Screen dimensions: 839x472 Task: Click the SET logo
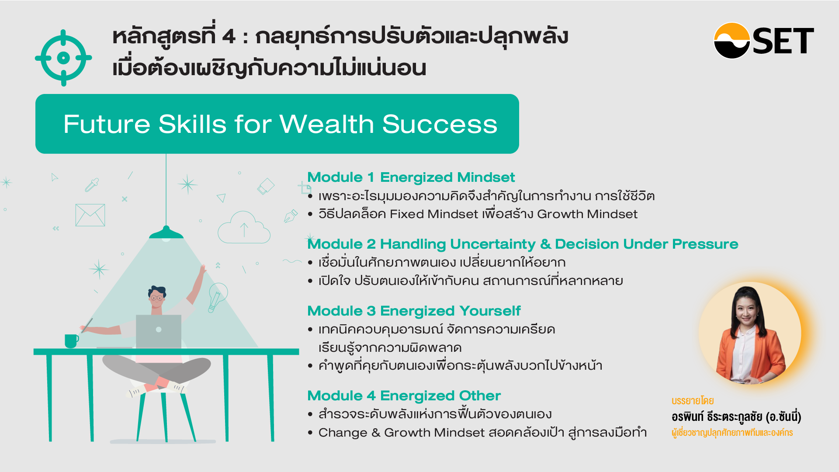tap(763, 41)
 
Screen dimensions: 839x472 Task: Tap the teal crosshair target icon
tap(63, 58)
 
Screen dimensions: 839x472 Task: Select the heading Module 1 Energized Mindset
tap(411, 177)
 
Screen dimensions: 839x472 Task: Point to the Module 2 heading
tap(523, 244)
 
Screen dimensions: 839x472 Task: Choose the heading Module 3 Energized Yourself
tap(414, 311)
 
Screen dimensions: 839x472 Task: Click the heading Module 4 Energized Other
tap(404, 396)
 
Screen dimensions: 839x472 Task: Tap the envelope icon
tap(90, 215)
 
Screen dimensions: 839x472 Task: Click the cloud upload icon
tap(244, 227)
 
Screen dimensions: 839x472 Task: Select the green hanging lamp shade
tap(166, 233)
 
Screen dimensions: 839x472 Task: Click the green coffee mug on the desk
tap(71, 341)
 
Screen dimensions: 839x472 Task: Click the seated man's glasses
tap(157, 298)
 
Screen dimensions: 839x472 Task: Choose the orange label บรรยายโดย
tap(693, 401)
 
